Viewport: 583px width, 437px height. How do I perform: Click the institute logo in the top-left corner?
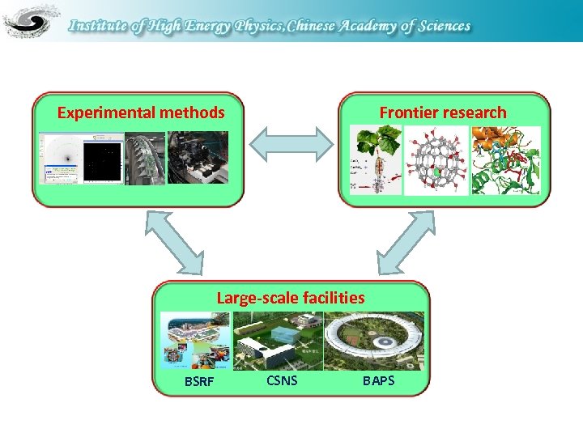coord(31,21)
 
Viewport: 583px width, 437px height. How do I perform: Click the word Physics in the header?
coord(262,26)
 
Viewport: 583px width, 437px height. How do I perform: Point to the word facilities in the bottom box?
coord(332,299)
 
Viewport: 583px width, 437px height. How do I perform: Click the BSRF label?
coord(199,381)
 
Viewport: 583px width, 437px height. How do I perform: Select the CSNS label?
coord(282,379)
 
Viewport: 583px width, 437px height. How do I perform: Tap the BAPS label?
coord(378,380)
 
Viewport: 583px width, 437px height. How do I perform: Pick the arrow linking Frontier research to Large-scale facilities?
coord(406,240)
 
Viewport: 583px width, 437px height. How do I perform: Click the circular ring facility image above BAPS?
coord(373,341)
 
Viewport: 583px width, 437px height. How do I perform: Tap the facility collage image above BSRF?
coord(195,341)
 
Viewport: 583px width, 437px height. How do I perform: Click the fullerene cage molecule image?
coord(436,160)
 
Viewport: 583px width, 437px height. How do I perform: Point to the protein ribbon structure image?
coord(506,160)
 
